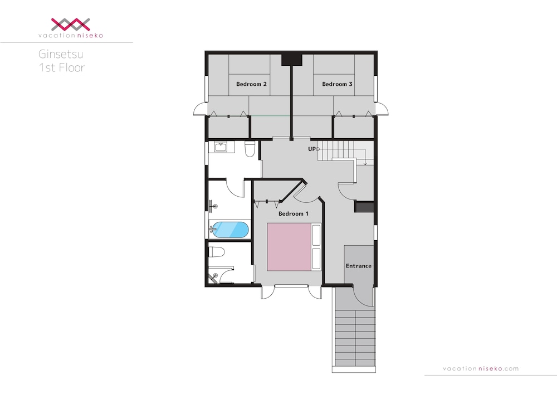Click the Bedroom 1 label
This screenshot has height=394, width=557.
293,213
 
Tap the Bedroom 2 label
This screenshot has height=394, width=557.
251,84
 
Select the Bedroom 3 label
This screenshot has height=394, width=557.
337,84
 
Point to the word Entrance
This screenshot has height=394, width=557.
358,266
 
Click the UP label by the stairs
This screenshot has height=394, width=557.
311,149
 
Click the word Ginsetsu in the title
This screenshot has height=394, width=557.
61,55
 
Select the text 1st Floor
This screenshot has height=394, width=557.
62,67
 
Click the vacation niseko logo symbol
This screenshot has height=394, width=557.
70,24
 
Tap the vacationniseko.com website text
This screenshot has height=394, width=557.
481,368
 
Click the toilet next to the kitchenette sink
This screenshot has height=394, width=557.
250,149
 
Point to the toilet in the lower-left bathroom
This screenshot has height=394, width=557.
216,252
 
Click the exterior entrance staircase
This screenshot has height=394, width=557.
355,339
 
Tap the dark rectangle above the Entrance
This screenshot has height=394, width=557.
364,207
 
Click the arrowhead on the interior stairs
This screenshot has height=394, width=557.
365,163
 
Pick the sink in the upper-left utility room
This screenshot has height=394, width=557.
221,147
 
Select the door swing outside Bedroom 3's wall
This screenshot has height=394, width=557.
382,109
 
